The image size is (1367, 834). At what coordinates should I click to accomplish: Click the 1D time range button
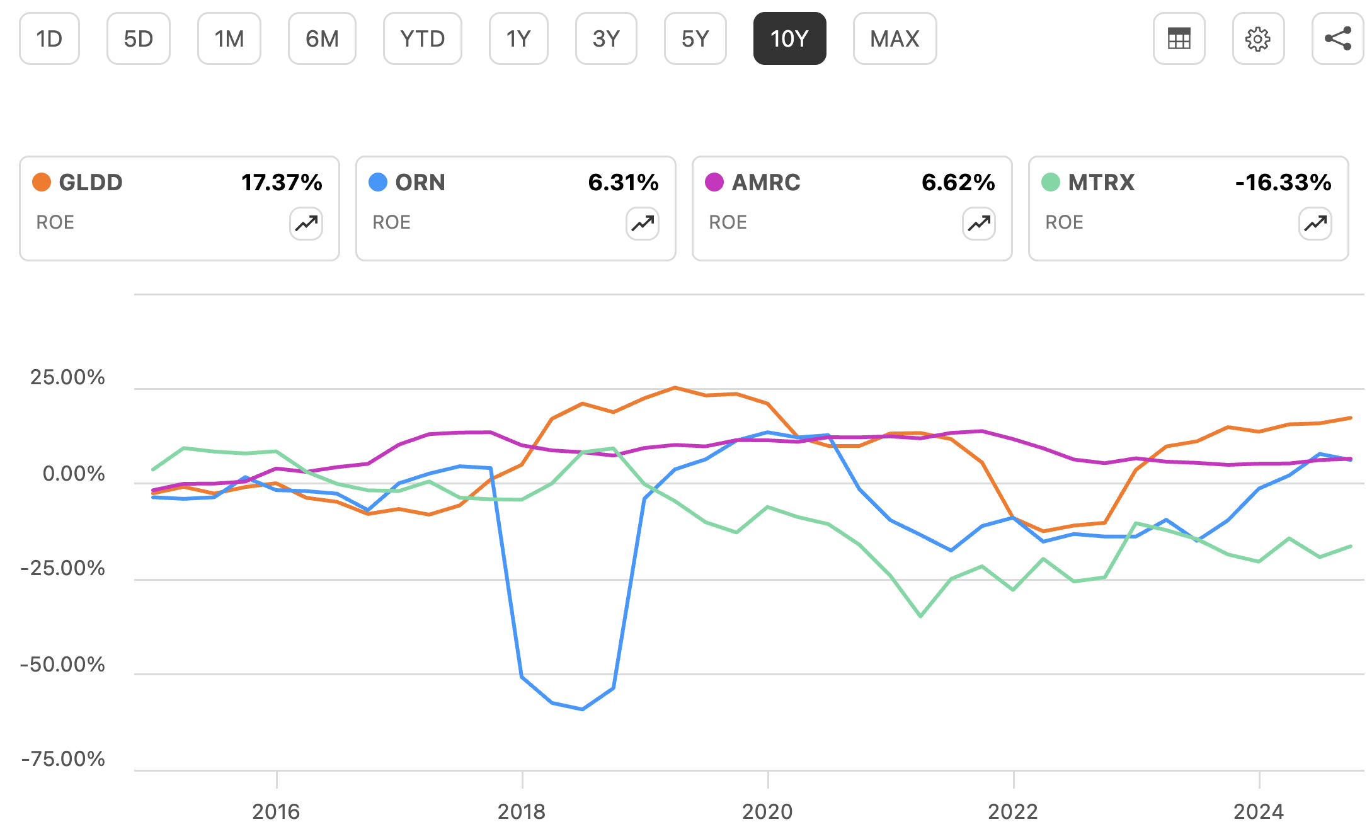click(49, 39)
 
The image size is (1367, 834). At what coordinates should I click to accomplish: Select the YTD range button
click(422, 39)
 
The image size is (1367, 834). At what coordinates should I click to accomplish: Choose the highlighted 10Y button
click(789, 39)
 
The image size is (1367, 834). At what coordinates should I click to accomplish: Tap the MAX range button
click(895, 39)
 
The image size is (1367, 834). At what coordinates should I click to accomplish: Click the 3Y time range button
click(606, 39)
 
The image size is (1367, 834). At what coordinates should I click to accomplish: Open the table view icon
click(1179, 39)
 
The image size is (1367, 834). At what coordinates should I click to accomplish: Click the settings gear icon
click(1258, 39)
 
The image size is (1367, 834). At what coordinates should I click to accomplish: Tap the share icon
click(1337, 39)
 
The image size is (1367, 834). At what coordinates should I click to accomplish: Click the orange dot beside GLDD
click(42, 183)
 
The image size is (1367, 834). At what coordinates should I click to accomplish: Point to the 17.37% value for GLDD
click(282, 183)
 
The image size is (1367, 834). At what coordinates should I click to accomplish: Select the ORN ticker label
click(420, 183)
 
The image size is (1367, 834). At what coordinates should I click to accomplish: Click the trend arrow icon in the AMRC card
click(979, 224)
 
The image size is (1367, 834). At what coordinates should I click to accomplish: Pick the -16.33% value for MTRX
click(1283, 183)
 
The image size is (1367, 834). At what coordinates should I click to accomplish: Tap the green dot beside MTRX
click(1051, 183)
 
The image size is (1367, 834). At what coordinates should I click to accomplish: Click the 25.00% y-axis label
click(67, 377)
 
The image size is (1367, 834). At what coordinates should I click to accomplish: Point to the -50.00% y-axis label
click(62, 665)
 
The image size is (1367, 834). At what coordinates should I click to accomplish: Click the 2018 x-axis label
click(522, 811)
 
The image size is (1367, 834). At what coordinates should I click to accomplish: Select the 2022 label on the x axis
click(1013, 811)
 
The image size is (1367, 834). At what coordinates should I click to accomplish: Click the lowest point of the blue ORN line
click(583, 709)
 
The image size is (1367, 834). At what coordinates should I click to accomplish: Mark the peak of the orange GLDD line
click(675, 387)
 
